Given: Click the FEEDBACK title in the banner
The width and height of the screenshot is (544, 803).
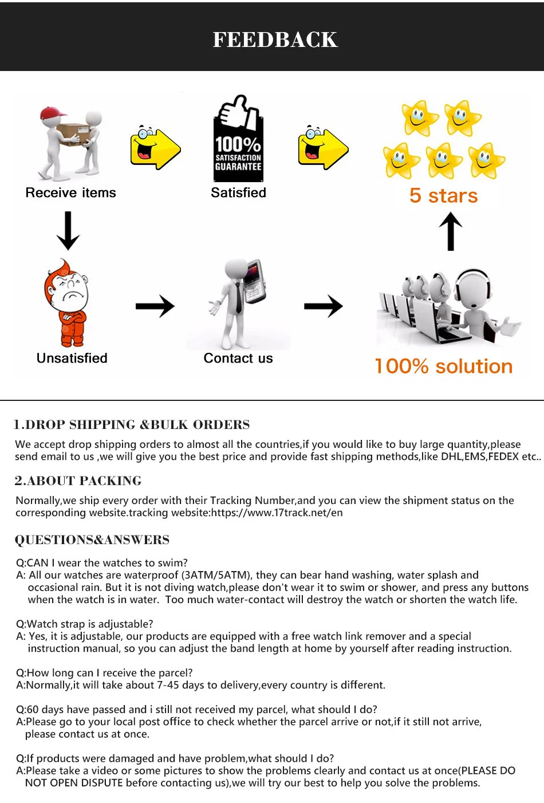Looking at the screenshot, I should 275,40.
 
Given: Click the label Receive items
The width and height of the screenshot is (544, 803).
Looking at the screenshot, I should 70,193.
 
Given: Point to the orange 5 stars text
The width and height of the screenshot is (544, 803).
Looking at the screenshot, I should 443,196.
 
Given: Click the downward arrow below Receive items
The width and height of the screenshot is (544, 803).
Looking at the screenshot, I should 68,231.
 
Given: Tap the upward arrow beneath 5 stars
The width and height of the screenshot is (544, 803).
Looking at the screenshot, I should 451,231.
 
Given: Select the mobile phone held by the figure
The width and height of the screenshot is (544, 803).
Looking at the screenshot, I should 254,281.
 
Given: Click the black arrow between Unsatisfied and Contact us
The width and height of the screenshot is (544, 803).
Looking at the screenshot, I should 155,306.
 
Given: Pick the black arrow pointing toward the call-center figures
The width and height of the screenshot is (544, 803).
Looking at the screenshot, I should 324,306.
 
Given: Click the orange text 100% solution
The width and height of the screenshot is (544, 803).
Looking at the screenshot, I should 443,367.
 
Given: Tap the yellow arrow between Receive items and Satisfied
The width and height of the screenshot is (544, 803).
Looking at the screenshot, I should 155,147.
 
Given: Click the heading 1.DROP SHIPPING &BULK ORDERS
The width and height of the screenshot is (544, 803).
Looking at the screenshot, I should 132,424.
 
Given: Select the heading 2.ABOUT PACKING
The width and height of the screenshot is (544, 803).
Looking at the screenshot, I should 78,481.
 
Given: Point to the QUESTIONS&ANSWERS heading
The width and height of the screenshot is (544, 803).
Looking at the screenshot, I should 92,540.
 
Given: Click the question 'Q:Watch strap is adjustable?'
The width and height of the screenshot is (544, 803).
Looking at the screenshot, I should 85,624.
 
